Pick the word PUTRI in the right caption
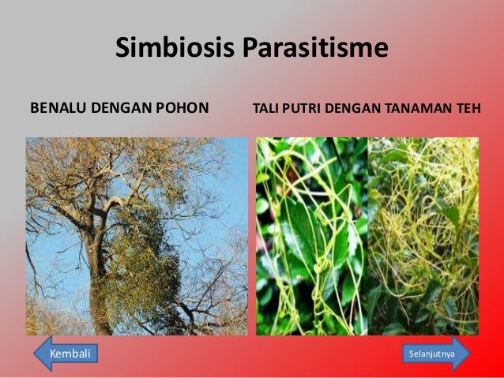click(x=299, y=107)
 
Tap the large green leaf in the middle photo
click(x=304, y=237)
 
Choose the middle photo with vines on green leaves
click(x=311, y=237)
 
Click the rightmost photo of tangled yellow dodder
click(x=423, y=237)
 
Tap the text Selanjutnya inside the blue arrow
click(x=431, y=354)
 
